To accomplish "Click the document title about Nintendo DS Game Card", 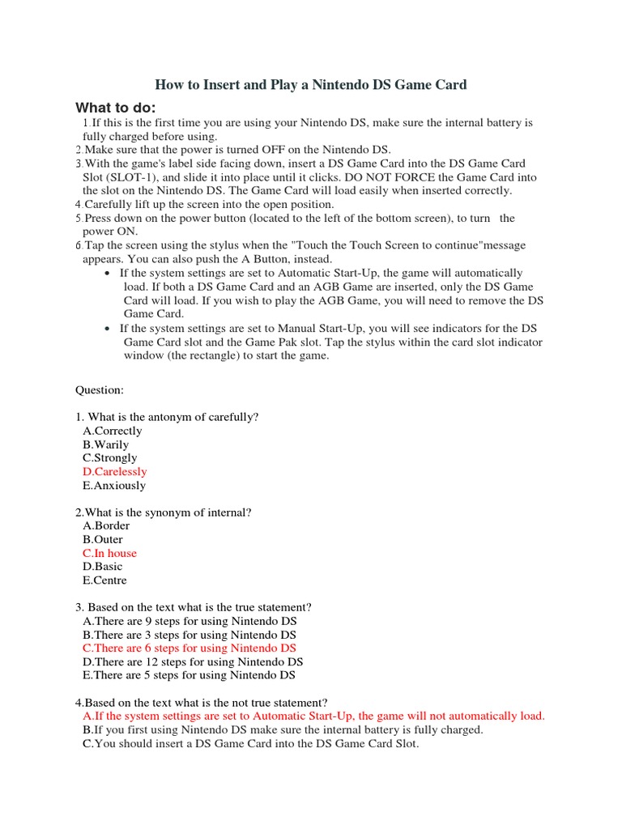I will pos(311,84).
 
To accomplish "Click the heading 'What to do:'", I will pos(116,108).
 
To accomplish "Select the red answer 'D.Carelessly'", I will pos(114,471).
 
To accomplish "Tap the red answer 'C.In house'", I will pos(109,553).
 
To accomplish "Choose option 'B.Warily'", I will pos(105,444).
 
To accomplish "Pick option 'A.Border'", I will pos(105,525).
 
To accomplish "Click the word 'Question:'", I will pos(100,389).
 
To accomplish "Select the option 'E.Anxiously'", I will pos(113,486).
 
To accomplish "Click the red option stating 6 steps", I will pos(189,648).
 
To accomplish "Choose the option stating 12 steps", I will pos(193,661).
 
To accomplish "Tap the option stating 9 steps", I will pos(190,621).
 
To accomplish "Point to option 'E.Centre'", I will pos(104,580).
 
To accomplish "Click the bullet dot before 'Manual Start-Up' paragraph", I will pos(108,329).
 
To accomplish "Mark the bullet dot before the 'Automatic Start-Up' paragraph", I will pos(108,274).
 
